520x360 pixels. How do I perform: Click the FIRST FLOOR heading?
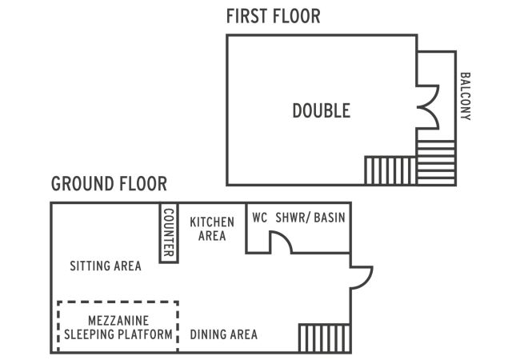pyautogui.click(x=273, y=16)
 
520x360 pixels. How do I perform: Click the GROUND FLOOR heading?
pyautogui.click(x=109, y=184)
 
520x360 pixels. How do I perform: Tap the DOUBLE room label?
pyautogui.click(x=321, y=110)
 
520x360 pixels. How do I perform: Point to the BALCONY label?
pyautogui.click(x=465, y=97)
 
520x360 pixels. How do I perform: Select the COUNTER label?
pyautogui.click(x=169, y=233)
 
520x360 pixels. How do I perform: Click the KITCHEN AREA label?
pyautogui.click(x=212, y=228)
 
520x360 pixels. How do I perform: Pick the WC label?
pyautogui.click(x=260, y=217)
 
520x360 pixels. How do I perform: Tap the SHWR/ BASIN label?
pyautogui.click(x=310, y=217)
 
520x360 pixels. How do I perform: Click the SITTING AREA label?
pyautogui.click(x=106, y=266)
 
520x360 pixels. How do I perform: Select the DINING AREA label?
pyautogui.click(x=224, y=334)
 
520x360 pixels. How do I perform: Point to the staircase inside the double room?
pyautogui.click(x=390, y=170)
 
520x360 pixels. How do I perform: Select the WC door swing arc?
pyautogui.click(x=280, y=242)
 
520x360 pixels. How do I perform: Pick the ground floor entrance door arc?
pyautogui.click(x=361, y=276)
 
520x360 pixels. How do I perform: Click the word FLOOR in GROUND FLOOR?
pyautogui.click(x=142, y=184)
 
